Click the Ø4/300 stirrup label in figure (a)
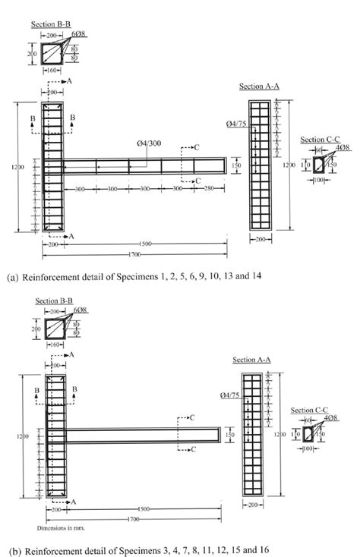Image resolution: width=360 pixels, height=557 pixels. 141,143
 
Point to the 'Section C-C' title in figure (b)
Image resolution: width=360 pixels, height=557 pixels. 312,402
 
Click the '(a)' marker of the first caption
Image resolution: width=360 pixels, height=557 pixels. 12,277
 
